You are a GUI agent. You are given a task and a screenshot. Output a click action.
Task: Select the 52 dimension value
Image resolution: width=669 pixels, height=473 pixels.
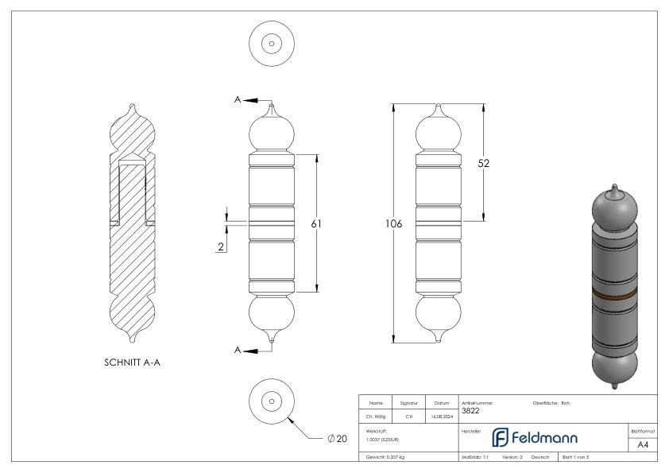pos(483,163)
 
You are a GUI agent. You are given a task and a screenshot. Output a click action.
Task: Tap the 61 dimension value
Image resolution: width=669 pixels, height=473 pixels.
pos(315,224)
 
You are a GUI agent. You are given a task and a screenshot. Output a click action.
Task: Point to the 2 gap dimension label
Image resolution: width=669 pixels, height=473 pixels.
pos(219,247)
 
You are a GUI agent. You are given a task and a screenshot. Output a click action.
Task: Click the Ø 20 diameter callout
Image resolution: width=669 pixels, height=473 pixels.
pos(337,439)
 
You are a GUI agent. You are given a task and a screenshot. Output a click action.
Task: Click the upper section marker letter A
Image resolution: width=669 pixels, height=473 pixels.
pos(237,99)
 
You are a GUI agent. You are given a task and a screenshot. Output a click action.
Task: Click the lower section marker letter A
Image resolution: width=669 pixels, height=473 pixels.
pos(237,350)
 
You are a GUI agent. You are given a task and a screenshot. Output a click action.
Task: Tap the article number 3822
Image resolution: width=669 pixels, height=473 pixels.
pos(470,411)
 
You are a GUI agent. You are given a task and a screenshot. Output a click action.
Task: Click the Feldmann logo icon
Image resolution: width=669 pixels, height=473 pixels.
pos(501,438)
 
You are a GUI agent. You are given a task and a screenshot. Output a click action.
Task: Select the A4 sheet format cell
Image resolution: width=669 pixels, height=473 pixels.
pos(644,445)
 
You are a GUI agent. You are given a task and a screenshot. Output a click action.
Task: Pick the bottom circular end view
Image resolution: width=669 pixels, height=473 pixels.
pos(272,401)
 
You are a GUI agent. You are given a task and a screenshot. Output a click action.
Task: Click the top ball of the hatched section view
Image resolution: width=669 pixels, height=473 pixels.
pos(133,131)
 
